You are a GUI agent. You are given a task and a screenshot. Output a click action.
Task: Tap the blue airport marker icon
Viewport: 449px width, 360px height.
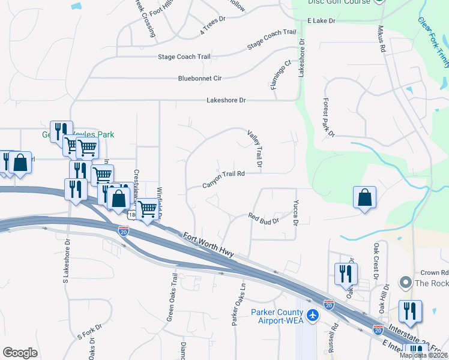pos(312,315)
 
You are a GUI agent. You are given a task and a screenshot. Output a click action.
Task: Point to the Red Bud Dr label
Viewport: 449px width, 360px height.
pos(264,218)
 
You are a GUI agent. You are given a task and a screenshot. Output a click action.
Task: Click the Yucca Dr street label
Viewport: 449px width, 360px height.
pos(295,213)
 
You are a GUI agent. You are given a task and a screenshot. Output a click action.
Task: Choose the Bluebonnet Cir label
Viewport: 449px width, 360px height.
pos(200,79)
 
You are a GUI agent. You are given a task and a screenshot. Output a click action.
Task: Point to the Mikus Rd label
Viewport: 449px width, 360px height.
pos(381,38)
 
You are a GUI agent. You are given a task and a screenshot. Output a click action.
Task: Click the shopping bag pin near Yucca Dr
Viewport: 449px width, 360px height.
pos(365,198)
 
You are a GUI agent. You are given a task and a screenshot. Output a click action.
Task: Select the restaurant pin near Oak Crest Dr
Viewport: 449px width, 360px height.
pos(345,275)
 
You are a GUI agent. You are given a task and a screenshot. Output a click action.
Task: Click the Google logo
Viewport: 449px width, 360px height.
pos(20,353)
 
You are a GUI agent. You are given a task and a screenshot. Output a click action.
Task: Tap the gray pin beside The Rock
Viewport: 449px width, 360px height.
pos(405,283)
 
